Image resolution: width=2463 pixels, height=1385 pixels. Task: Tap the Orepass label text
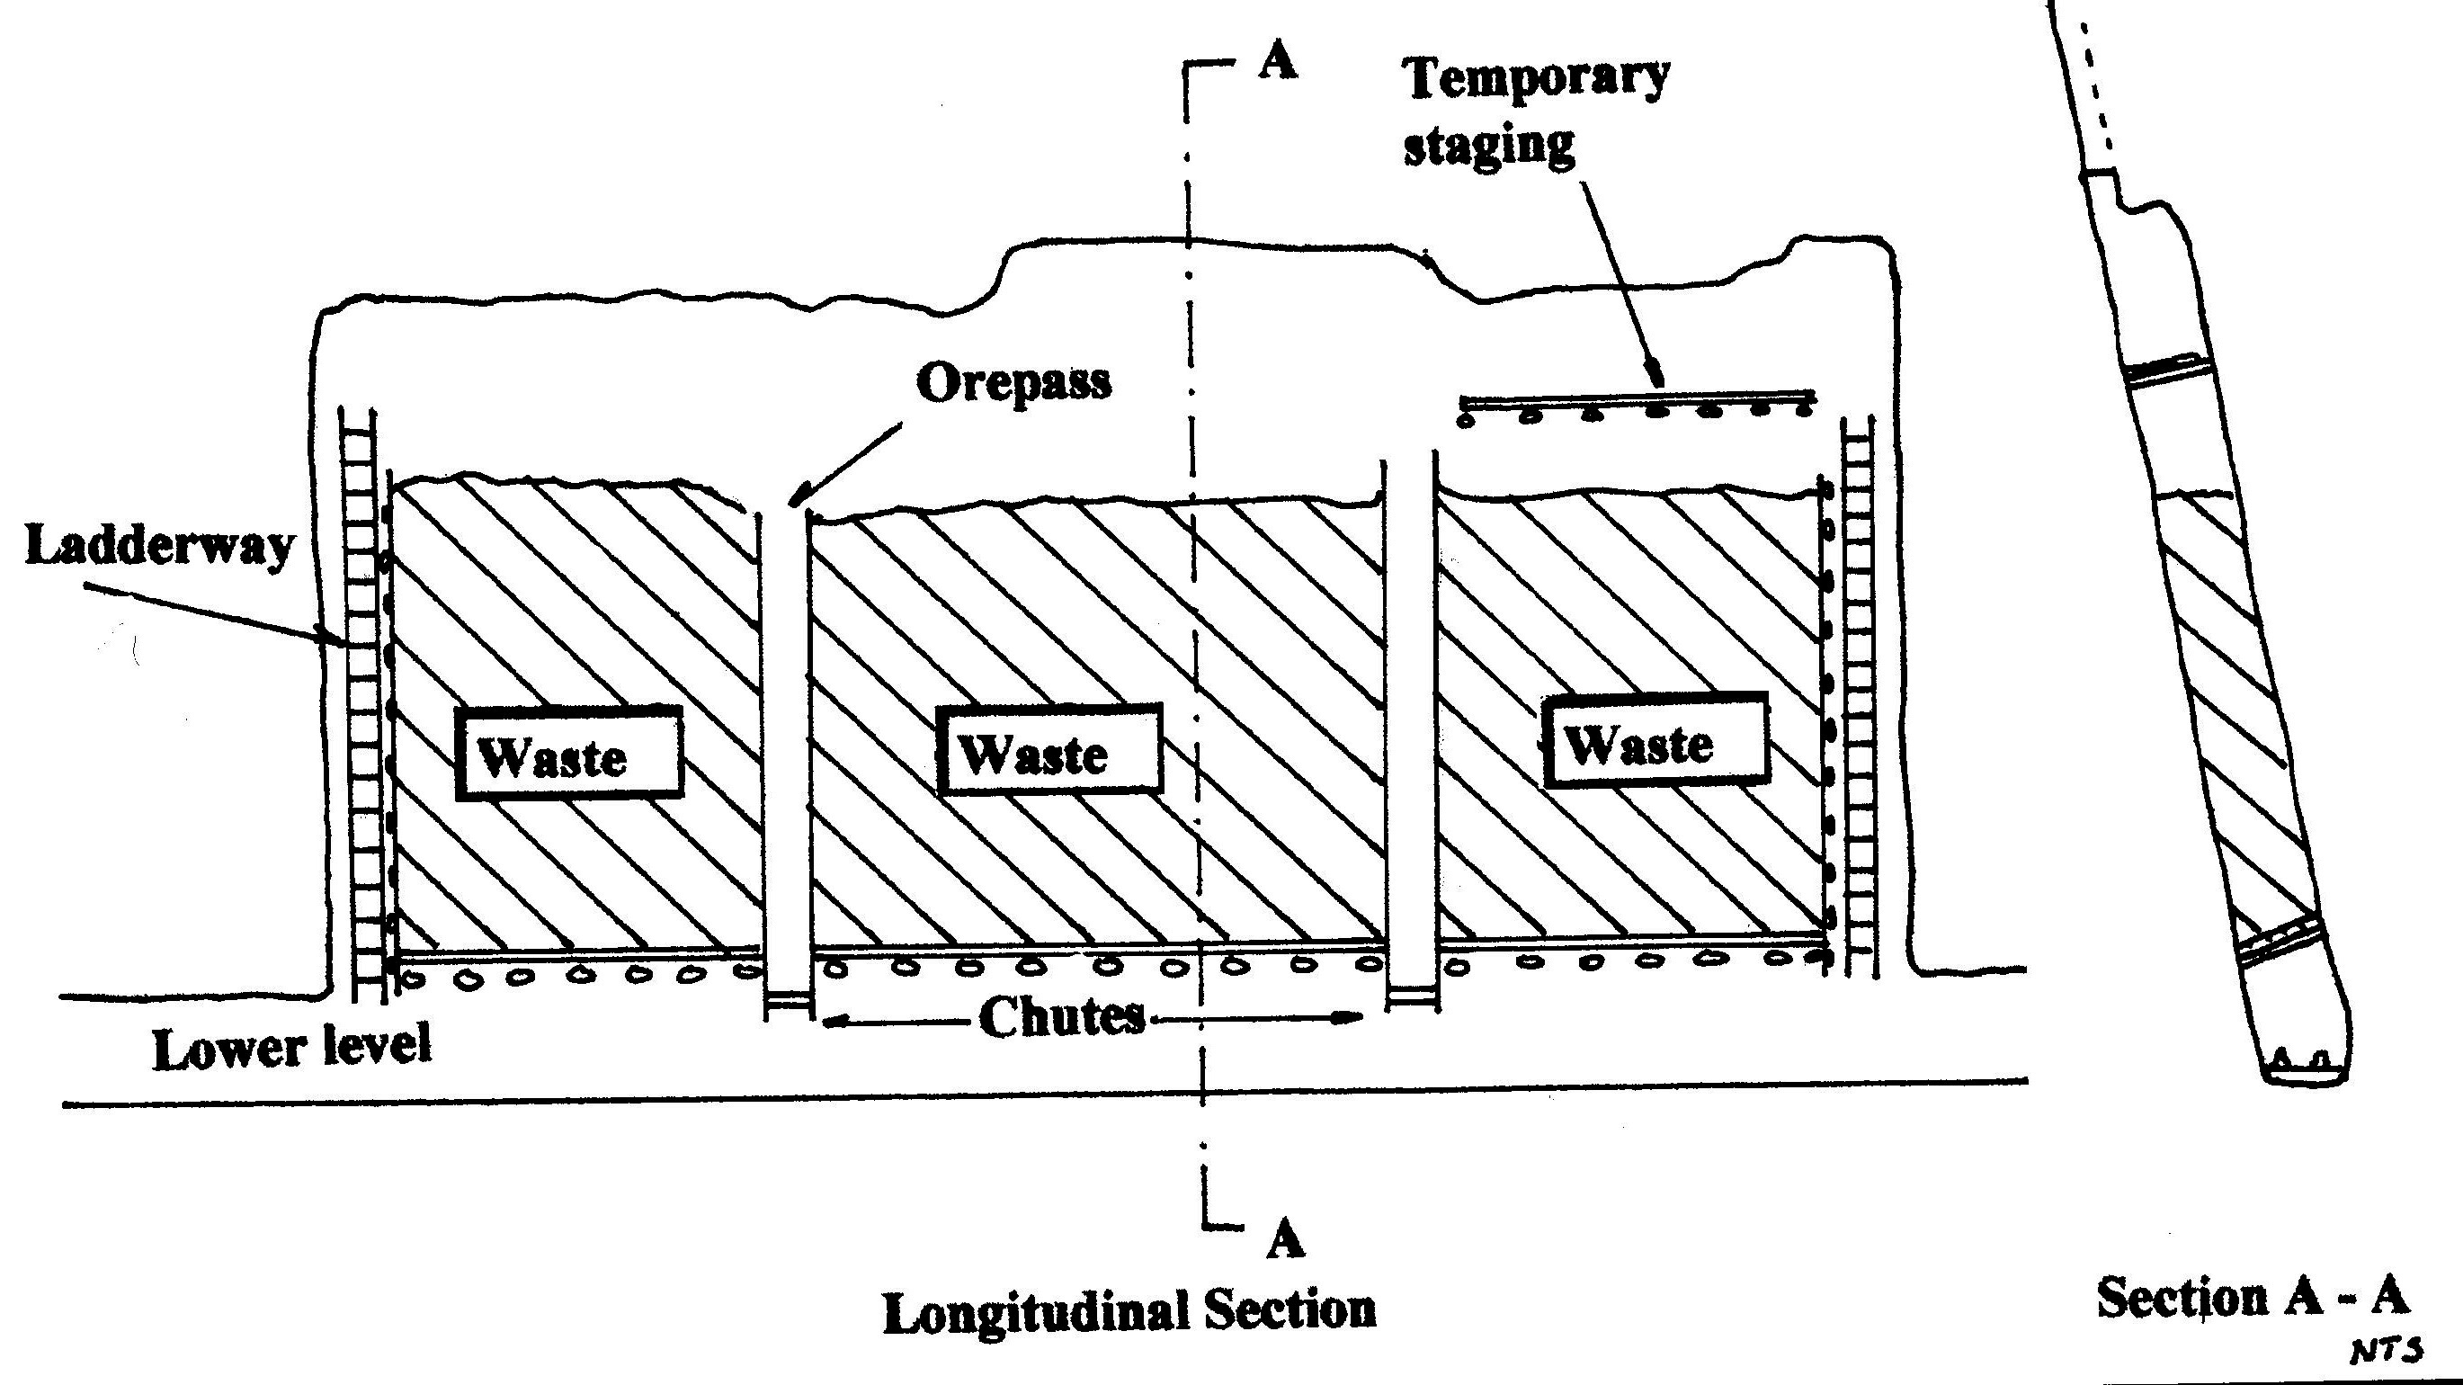point(1013,382)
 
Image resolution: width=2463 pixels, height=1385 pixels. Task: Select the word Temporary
point(1537,76)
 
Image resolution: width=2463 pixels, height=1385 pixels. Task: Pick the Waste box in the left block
point(569,753)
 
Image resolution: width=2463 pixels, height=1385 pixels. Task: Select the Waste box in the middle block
point(1049,750)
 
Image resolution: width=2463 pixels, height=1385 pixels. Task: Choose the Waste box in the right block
point(1655,741)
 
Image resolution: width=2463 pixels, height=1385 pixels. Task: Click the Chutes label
point(1061,1017)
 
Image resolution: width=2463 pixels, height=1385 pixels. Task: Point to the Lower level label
point(291,1049)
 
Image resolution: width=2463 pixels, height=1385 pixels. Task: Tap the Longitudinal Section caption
point(1129,1310)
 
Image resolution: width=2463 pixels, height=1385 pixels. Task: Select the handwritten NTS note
point(2386,1350)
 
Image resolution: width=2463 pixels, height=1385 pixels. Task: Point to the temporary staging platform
point(1637,398)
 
